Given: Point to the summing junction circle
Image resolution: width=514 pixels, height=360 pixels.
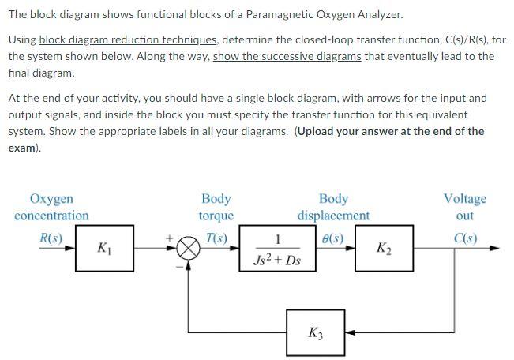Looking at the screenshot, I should (188, 249).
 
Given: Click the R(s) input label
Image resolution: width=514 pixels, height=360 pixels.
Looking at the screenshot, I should (51, 237).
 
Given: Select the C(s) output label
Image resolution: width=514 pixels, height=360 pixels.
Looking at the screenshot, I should (465, 237).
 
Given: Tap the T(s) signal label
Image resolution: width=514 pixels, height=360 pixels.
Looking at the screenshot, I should (216, 237).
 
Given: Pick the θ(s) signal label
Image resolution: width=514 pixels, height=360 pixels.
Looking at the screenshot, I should (332, 237).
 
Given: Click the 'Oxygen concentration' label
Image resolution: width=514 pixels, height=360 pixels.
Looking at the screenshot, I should (51, 207).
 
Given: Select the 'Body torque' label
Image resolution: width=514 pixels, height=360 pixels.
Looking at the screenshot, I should (216, 207).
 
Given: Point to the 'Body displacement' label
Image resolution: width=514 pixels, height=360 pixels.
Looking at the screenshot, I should (333, 207).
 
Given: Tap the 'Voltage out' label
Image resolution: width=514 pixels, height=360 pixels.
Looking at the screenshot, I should (465, 207).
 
